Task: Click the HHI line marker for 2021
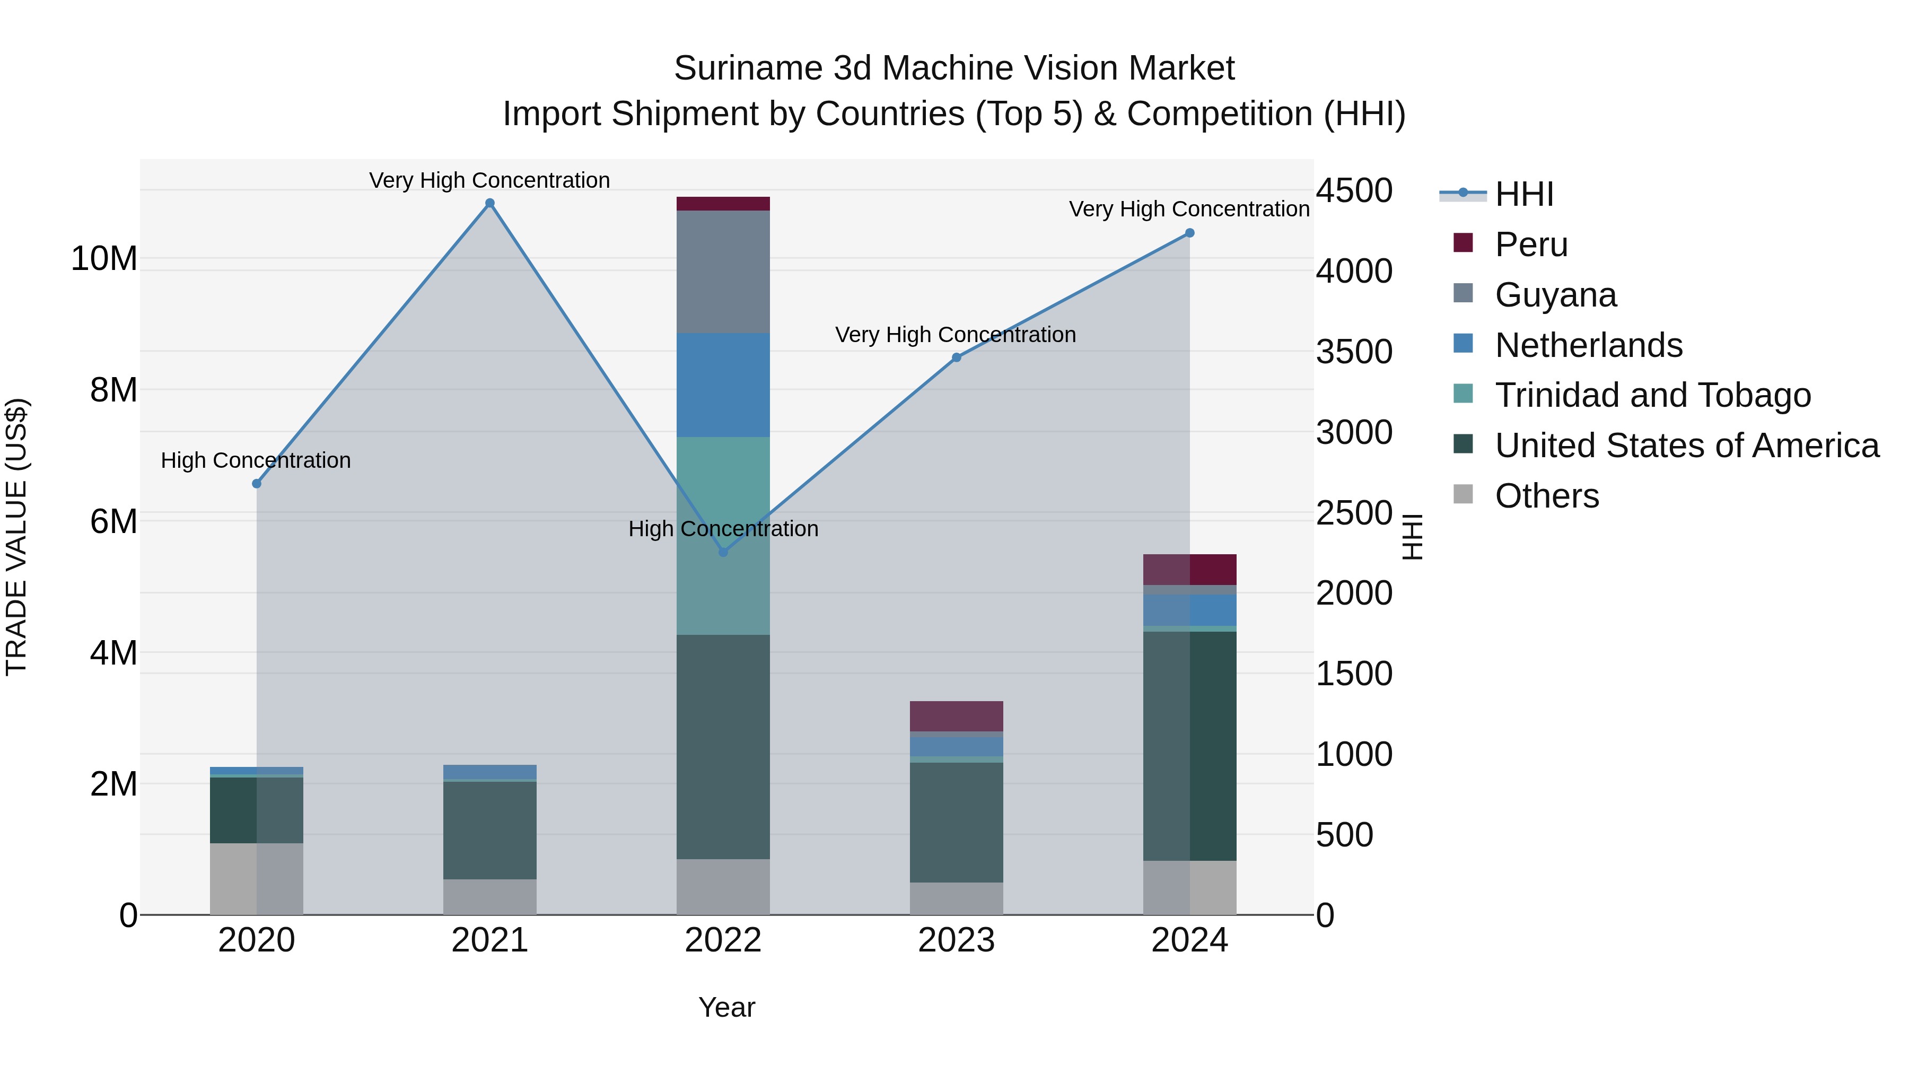coord(490,203)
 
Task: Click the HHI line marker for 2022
coord(723,552)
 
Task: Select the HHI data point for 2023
coord(956,357)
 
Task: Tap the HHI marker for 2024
coord(1189,233)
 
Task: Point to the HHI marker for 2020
coord(257,483)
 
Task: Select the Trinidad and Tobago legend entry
coord(1652,395)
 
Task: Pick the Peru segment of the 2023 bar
coord(956,716)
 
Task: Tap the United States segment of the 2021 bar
coord(490,830)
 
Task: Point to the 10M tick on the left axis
coord(104,259)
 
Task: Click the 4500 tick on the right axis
coord(1353,190)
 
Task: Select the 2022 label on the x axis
coord(723,940)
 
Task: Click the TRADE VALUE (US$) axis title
coord(16,537)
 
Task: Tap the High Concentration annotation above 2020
coord(256,460)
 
